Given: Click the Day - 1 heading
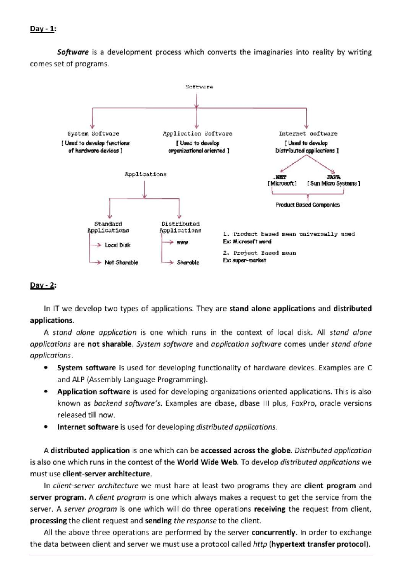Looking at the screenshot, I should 43,29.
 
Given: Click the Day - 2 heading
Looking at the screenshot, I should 43,285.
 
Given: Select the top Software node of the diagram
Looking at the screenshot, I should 199,87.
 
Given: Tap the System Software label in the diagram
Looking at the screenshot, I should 93,134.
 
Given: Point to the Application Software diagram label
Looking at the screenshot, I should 197,134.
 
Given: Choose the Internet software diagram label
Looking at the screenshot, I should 308,134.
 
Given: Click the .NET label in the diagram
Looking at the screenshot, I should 280,177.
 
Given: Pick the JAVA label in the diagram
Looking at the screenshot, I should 333,177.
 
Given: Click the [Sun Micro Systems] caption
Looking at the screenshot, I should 333,184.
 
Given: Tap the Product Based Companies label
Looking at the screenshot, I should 307,205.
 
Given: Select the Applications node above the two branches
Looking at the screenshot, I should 145,174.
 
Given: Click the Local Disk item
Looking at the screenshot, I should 117,245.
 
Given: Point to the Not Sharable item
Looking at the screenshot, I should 121,262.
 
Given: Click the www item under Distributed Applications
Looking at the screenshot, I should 182,242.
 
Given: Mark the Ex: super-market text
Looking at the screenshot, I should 244,260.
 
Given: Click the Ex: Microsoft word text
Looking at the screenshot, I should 247,242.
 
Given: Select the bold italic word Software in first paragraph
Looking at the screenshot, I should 73,52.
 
